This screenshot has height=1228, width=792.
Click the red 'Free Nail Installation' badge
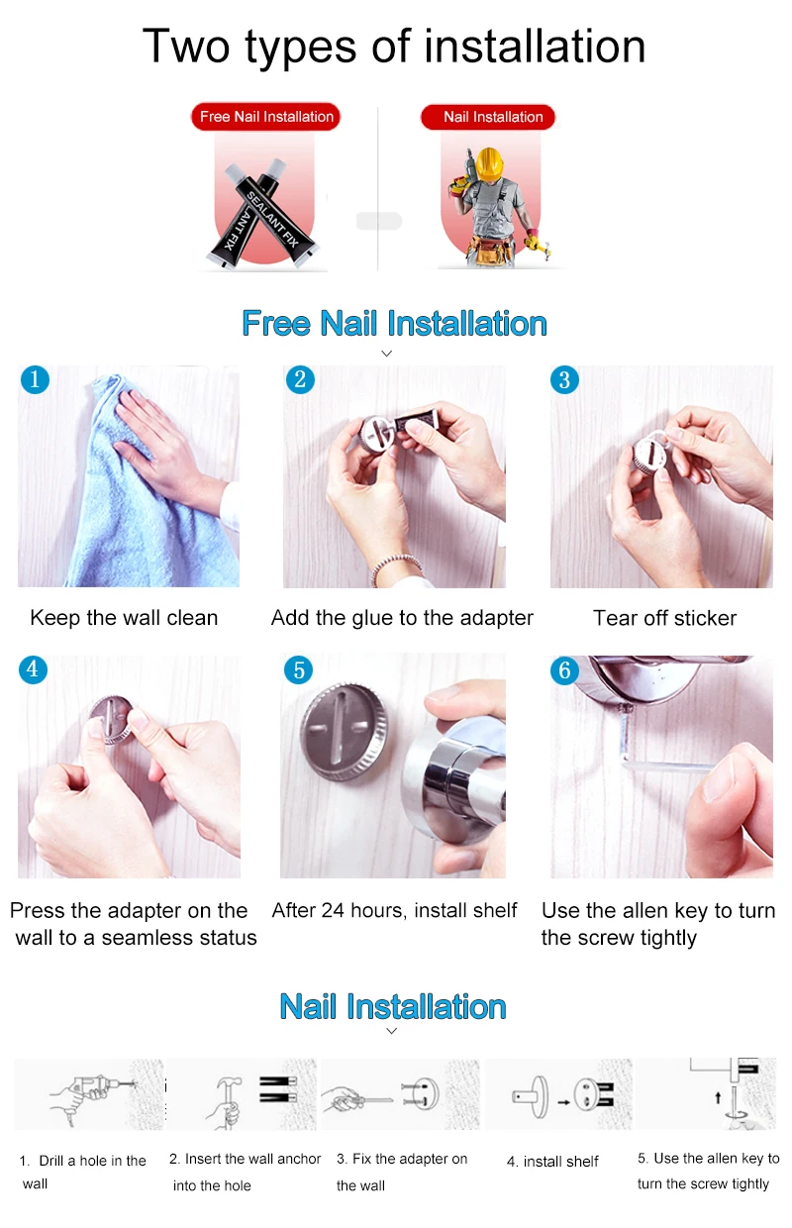(266, 116)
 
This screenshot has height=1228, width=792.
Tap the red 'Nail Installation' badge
(488, 117)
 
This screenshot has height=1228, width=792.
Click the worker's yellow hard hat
(489, 163)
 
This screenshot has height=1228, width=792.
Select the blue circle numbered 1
(35, 379)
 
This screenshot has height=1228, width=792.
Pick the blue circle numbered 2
(300, 379)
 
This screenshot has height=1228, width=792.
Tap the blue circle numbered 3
(564, 379)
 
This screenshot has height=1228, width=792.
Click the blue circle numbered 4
(33, 669)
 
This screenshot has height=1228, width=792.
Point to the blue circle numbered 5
(299, 669)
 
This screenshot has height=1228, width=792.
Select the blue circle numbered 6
(564, 669)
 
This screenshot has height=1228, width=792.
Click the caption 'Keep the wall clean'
(124, 618)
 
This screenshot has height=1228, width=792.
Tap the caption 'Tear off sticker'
(665, 618)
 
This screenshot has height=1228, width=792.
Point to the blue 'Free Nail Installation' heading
(395, 323)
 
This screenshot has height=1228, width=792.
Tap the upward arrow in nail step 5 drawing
(718, 1097)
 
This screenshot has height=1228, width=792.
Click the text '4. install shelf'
(552, 1161)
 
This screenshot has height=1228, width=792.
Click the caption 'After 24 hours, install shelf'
(395, 910)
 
